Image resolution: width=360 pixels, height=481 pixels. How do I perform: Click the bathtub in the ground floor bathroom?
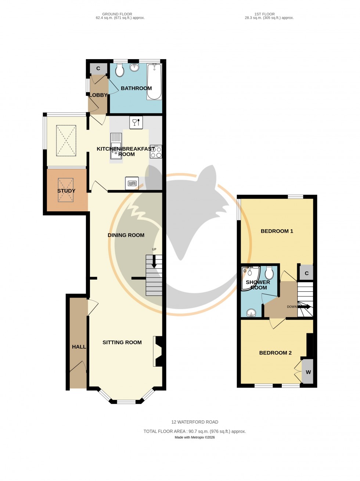tap(154, 82)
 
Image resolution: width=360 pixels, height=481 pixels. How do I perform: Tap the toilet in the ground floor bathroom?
tap(119, 70)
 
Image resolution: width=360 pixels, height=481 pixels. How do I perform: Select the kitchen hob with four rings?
tap(156, 152)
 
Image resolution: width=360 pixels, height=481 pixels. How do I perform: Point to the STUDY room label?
tap(66, 191)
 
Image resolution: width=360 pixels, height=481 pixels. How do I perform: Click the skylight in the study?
tap(66, 190)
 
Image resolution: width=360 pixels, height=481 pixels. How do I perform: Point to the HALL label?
tap(79, 347)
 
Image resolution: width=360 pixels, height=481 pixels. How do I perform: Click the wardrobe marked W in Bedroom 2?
tap(308, 372)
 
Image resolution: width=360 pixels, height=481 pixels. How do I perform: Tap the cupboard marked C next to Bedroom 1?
tap(306, 273)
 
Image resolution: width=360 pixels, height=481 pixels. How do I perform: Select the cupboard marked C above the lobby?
tap(98, 68)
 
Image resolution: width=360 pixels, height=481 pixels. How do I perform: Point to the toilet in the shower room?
tap(269, 273)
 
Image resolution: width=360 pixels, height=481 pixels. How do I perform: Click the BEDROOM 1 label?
tap(277, 231)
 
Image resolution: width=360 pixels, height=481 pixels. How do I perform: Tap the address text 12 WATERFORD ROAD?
tap(195, 422)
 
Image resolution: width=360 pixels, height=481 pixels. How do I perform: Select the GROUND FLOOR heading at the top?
tap(117, 14)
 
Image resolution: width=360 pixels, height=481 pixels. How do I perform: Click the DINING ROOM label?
tap(126, 235)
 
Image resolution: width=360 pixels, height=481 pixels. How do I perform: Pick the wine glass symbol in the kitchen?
tap(136, 122)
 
